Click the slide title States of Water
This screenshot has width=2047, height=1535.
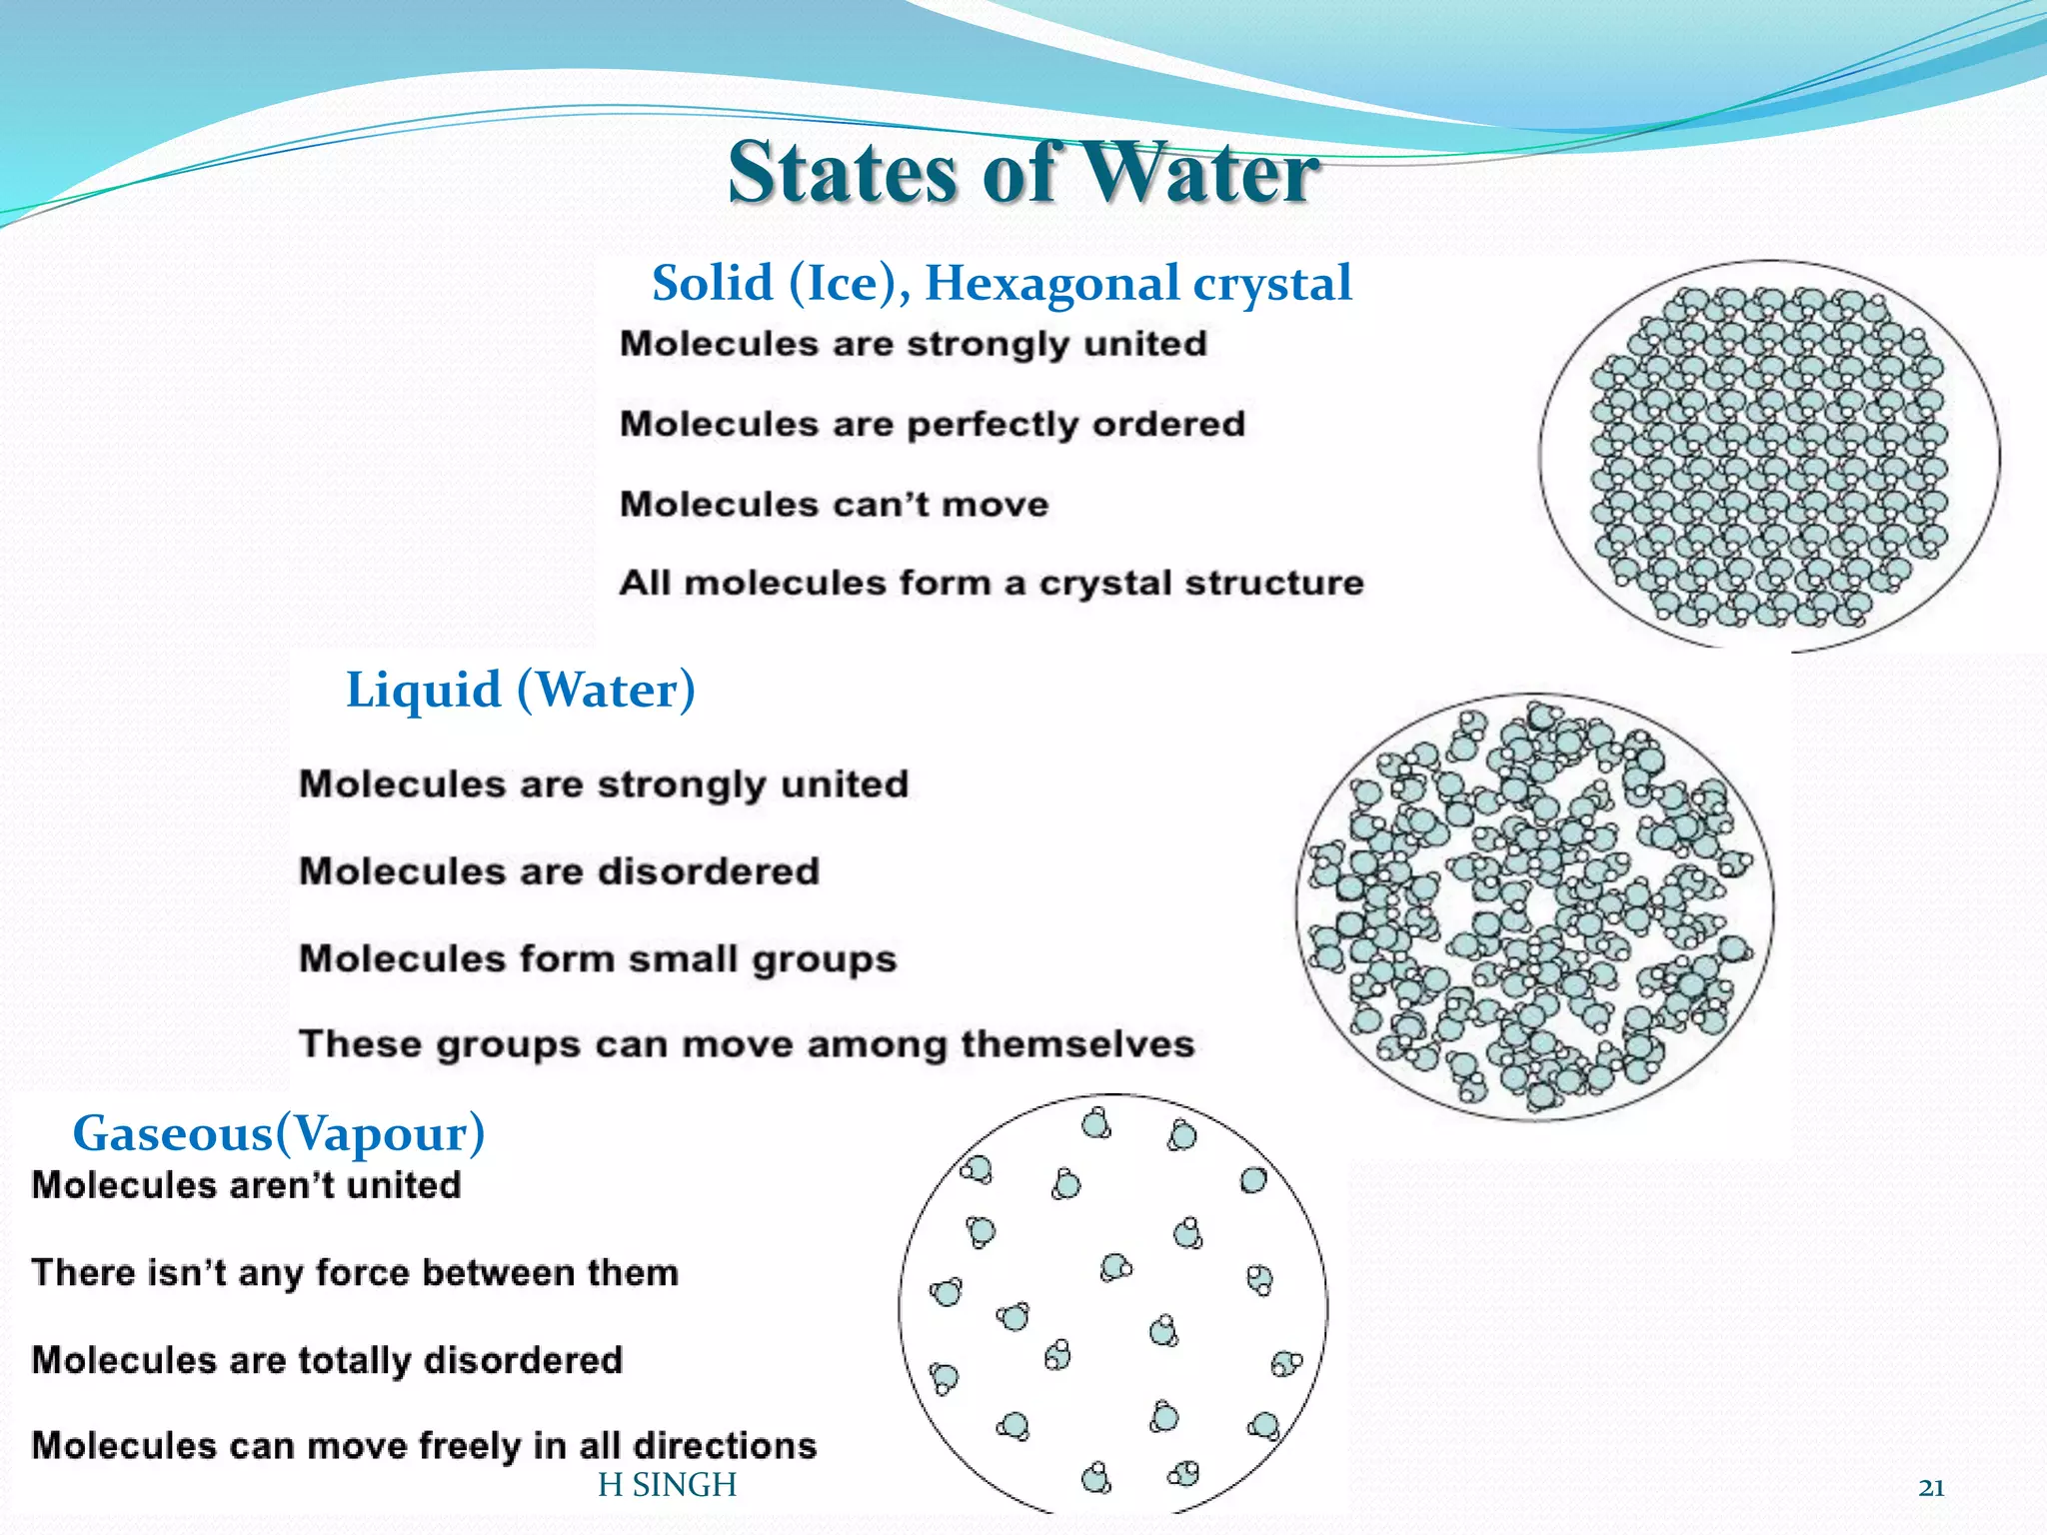1023,172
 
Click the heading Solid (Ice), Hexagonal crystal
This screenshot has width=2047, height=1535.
1002,283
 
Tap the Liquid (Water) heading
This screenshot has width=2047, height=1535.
520,690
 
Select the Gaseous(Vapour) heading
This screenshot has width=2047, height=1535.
279,1133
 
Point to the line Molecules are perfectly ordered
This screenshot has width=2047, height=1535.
932,425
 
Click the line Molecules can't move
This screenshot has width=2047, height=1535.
834,504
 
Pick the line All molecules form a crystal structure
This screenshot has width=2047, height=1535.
991,583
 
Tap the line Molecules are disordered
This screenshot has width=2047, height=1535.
559,871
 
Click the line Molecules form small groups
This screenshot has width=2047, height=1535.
598,959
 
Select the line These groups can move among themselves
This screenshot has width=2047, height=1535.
747,1044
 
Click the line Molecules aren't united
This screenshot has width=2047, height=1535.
246,1186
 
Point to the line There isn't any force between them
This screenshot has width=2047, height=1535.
355,1273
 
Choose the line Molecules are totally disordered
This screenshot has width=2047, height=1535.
327,1360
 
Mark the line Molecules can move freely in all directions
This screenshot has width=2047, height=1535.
424,1446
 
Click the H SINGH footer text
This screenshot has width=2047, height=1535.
667,1486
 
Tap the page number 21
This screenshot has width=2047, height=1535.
1931,1488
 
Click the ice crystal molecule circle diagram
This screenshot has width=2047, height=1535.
1769,455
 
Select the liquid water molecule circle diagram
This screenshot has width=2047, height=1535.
1534,907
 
